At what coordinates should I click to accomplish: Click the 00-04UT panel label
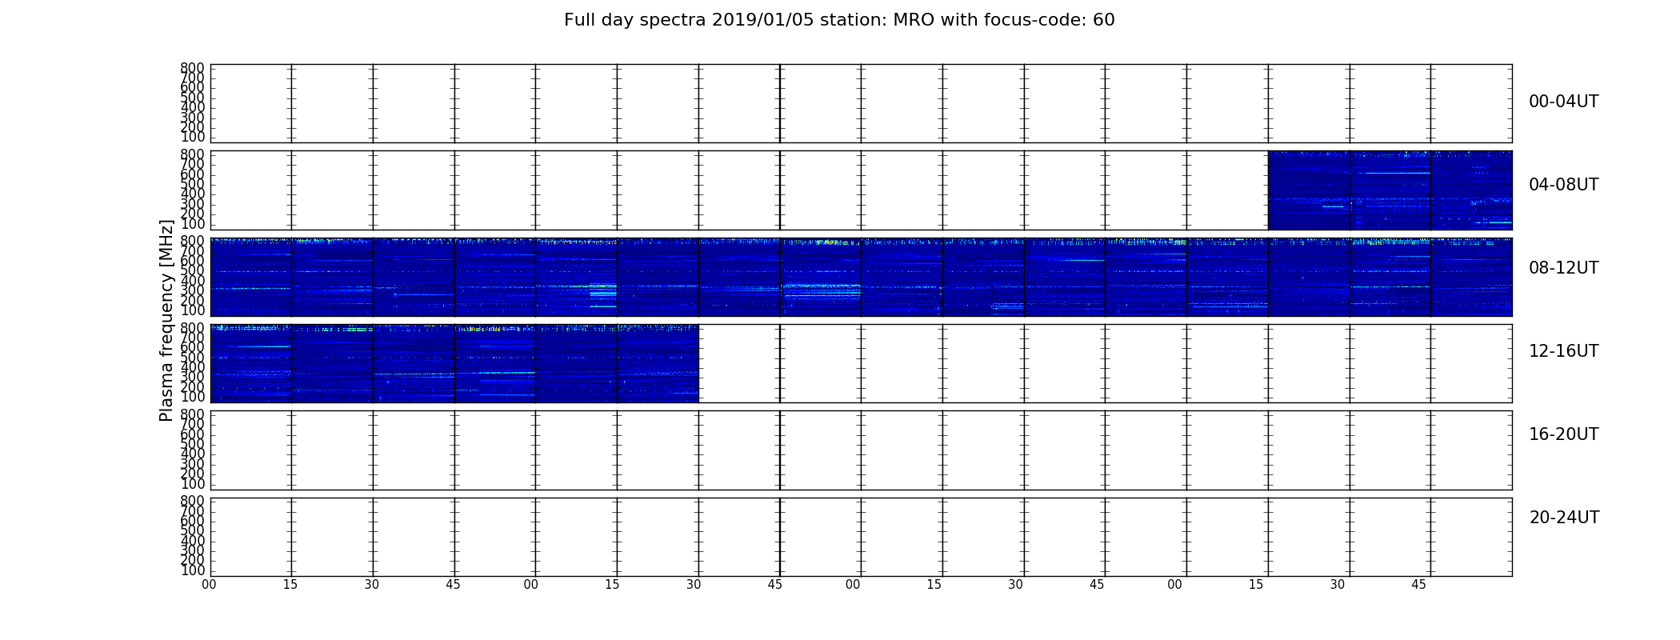(x=1563, y=102)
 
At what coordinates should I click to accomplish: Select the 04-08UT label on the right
(x=1563, y=185)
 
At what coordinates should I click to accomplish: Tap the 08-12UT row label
(x=1563, y=268)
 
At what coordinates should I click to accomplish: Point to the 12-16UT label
(x=1563, y=351)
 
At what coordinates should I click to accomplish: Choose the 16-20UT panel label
(x=1563, y=434)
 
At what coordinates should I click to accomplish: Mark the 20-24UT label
(x=1564, y=518)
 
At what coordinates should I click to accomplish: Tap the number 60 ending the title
(x=1104, y=20)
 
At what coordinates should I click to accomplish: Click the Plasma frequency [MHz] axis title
(x=166, y=320)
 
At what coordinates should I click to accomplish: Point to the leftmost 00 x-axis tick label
(x=209, y=585)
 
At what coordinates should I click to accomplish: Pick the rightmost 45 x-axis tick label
(x=1418, y=585)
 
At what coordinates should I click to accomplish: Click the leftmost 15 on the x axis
(x=290, y=585)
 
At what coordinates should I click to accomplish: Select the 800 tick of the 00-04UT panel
(x=192, y=68)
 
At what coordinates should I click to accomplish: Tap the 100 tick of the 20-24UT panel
(x=192, y=570)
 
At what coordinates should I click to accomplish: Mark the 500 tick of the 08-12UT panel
(x=192, y=270)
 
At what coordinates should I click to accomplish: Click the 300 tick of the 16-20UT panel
(x=192, y=464)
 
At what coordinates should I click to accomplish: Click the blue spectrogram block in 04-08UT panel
(x=1390, y=190)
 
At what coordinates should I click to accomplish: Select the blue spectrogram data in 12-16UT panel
(x=454, y=363)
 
